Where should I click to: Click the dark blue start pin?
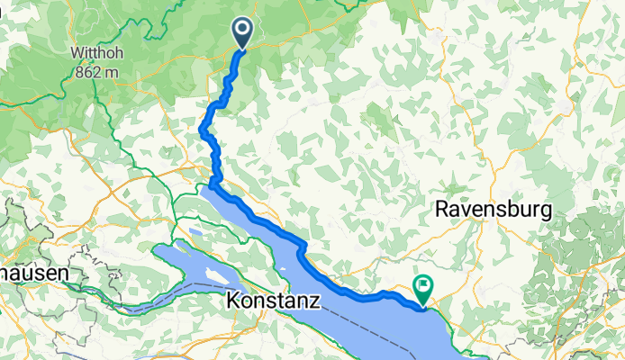(243, 32)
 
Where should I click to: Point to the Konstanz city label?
(273, 301)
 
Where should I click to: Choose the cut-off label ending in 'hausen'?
(31, 271)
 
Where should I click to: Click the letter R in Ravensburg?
(442, 209)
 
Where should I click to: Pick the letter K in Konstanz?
(233, 301)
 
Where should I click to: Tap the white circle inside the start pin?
(243, 30)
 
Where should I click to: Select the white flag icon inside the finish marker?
(421, 285)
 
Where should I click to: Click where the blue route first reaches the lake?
(213, 185)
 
